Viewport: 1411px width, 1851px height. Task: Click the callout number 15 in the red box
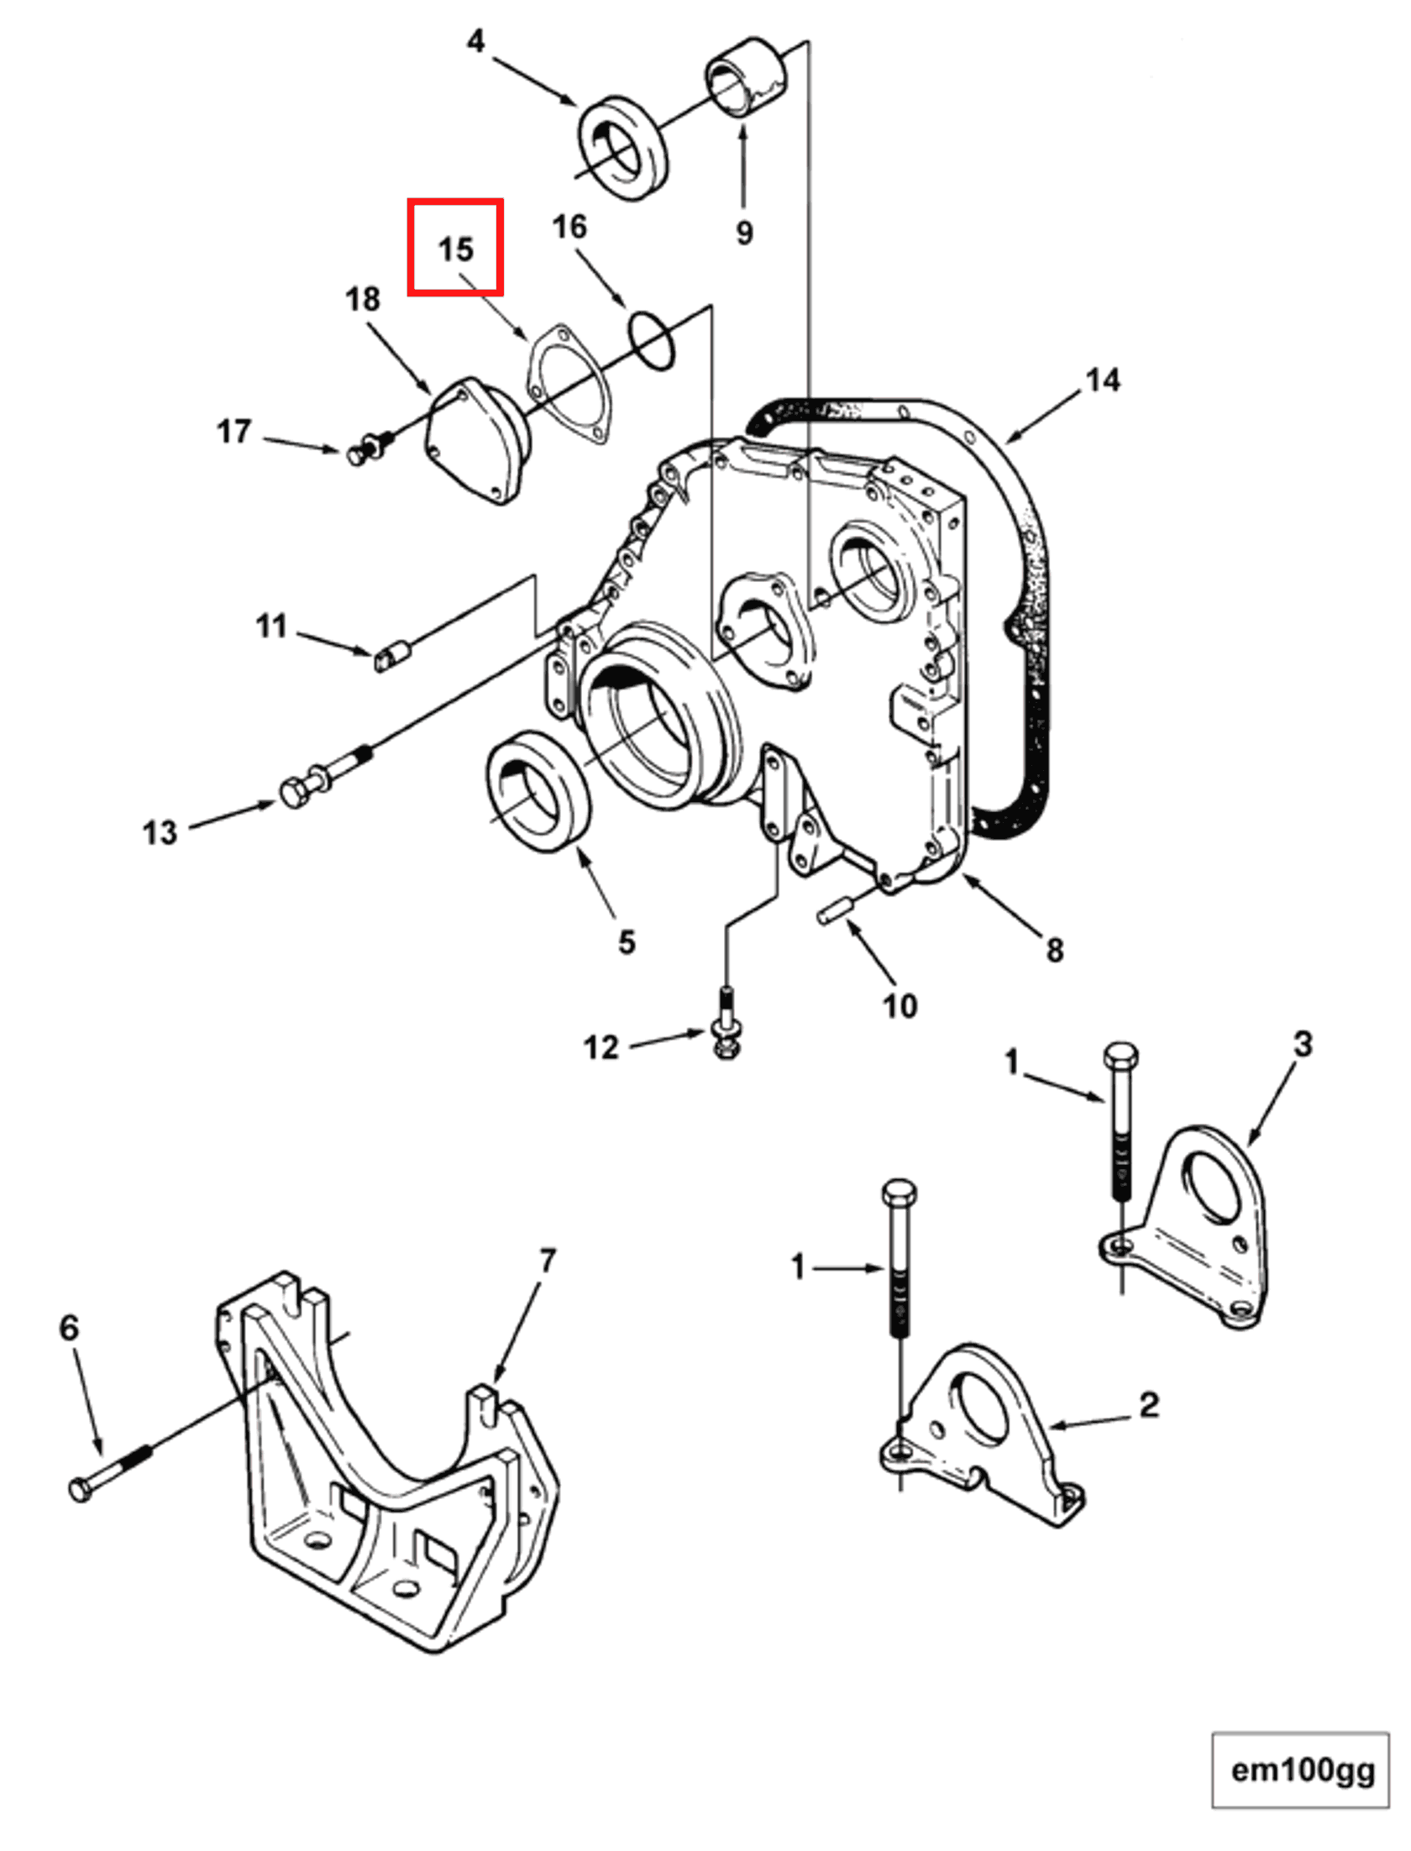coord(456,249)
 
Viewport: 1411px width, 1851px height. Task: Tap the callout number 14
coord(1102,380)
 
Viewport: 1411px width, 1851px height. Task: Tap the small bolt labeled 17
coord(370,448)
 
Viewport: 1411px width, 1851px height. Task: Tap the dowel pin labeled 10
coord(836,912)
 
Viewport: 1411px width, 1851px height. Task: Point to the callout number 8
coord(1055,950)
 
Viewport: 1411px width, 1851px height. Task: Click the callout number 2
coord(1149,1404)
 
